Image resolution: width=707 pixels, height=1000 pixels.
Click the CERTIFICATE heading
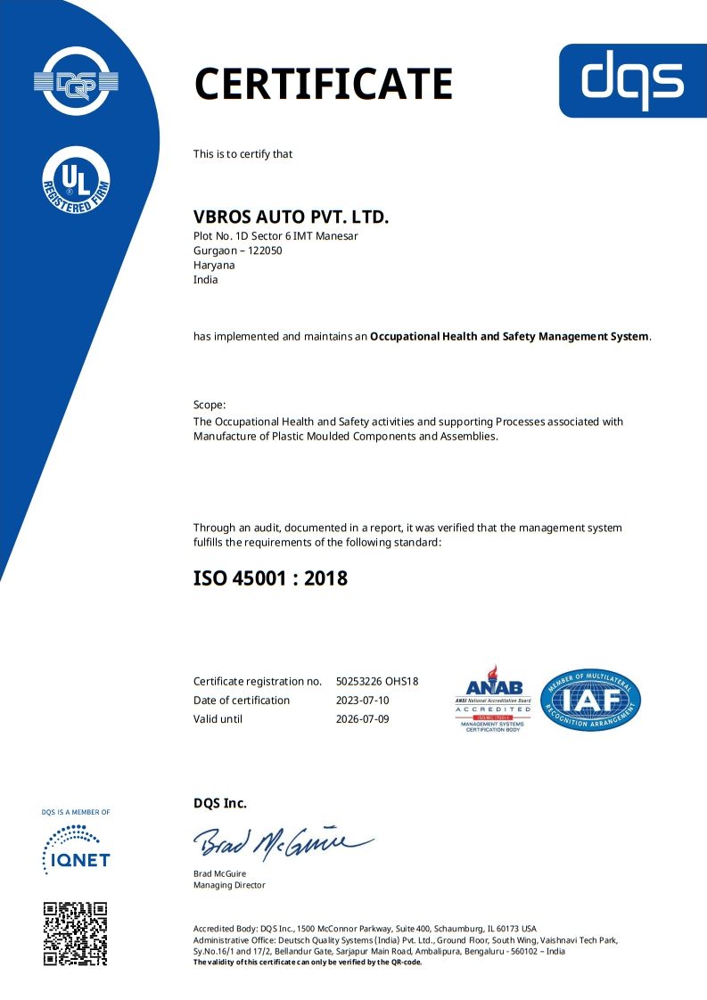tap(324, 84)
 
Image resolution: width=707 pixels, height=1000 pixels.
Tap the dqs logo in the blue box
tap(633, 80)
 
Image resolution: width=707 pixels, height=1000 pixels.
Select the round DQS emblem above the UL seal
tap(76, 82)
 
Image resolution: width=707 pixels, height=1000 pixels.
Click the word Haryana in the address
tap(212, 265)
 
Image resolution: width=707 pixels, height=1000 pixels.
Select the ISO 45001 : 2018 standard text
tap(270, 578)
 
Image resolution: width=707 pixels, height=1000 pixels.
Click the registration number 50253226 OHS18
tap(377, 682)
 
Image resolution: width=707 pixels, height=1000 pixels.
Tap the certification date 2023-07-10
tap(363, 701)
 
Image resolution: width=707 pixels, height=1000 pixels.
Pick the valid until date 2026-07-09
tap(363, 719)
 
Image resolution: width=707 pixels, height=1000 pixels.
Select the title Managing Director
tap(229, 885)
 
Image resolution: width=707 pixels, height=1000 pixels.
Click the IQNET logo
tap(76, 849)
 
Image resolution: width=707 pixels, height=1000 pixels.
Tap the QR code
tap(76, 934)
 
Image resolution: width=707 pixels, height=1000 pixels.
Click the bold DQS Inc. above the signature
tap(220, 803)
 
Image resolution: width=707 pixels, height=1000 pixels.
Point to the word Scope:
tap(210, 405)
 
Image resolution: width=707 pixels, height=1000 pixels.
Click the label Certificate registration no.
tap(257, 682)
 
